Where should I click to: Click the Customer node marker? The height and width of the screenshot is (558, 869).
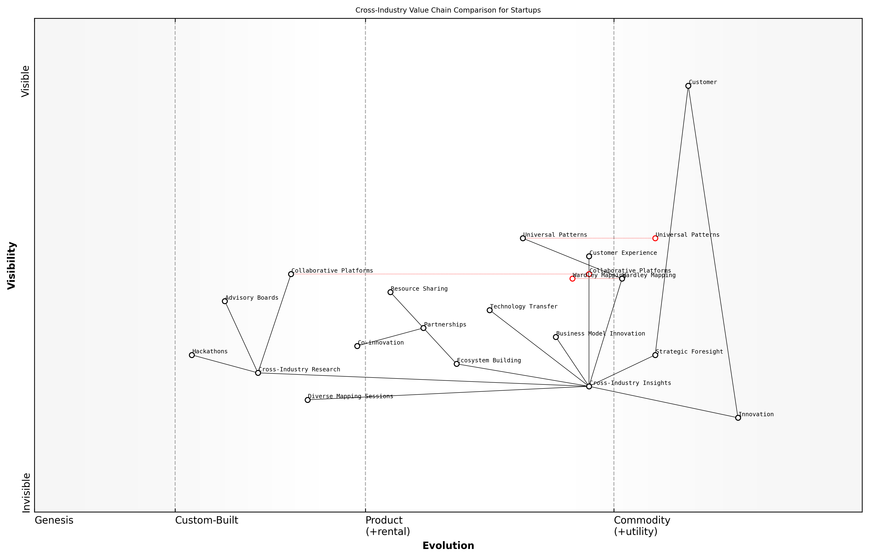(x=688, y=86)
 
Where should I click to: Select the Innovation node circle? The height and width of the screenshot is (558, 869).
(x=738, y=418)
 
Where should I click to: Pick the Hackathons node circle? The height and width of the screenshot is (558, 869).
(x=192, y=355)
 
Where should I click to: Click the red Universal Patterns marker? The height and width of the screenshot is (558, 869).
(x=655, y=238)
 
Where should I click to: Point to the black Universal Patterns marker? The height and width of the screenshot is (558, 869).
(x=523, y=238)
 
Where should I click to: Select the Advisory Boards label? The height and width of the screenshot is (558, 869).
(x=252, y=298)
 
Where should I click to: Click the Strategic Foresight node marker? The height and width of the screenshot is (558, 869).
(x=655, y=355)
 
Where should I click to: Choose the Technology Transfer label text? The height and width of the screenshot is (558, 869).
(x=523, y=307)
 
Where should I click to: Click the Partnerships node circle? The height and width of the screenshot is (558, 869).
(x=423, y=328)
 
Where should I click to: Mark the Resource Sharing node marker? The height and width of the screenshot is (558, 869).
(x=390, y=292)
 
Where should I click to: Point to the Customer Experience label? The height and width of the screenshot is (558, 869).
(x=623, y=253)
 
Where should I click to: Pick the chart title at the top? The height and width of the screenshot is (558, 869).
(x=448, y=10)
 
